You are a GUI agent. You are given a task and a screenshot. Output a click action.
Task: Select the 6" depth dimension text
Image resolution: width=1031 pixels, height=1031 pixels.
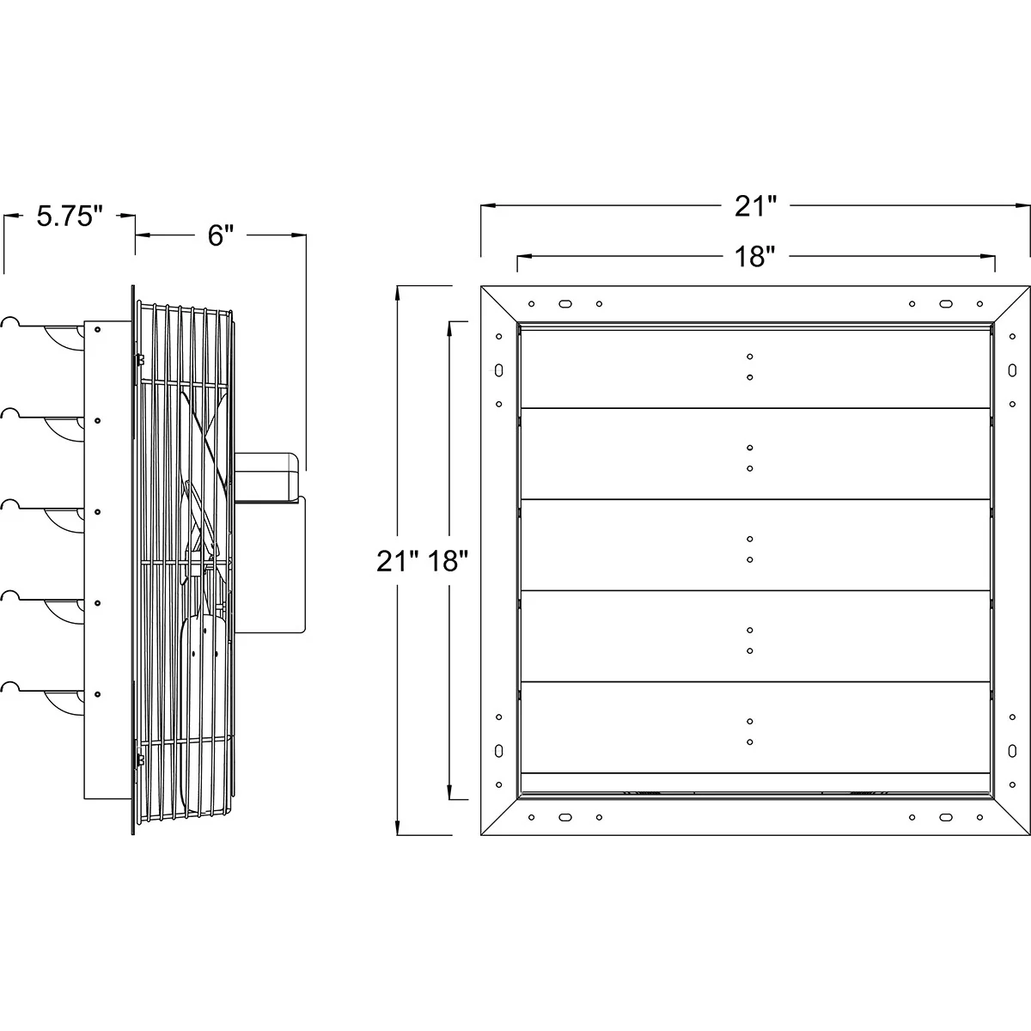click(x=221, y=235)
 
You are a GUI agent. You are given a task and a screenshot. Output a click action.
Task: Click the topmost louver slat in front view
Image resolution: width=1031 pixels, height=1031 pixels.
click(x=754, y=367)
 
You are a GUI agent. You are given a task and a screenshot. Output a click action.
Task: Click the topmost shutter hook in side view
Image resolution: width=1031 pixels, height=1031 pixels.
click(x=10, y=322)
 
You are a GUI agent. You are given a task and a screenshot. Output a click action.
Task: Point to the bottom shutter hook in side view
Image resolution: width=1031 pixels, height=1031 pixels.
click(x=10, y=687)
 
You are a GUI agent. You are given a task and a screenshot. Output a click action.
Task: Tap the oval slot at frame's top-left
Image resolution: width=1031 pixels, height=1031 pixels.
click(x=564, y=303)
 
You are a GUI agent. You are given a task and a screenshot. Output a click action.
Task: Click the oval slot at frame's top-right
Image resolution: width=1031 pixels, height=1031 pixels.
click(x=945, y=303)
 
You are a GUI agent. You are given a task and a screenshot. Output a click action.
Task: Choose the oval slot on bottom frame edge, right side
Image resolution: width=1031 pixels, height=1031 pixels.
click(x=945, y=817)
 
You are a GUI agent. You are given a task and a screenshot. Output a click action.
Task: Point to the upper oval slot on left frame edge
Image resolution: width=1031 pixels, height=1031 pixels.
click(x=498, y=370)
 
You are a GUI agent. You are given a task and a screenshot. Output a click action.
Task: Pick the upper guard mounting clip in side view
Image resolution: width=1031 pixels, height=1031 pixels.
click(x=140, y=362)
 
